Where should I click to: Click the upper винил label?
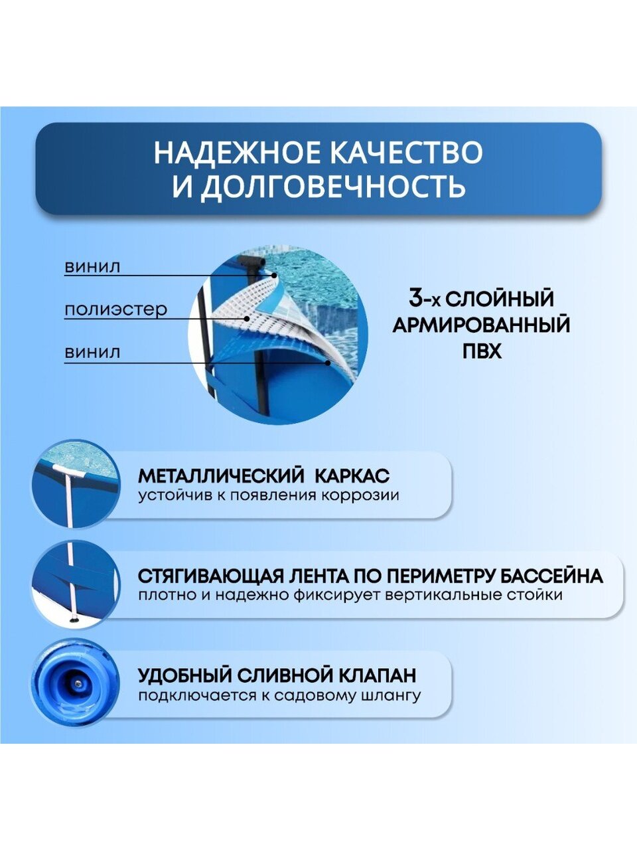92,267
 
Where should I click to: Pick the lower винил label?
92,353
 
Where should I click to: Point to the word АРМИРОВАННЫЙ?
482,325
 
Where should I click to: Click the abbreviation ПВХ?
482,351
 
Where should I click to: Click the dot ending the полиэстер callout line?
246,318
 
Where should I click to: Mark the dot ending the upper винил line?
274,276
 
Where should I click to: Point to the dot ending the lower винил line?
328,363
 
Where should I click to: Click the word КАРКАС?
352,476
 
